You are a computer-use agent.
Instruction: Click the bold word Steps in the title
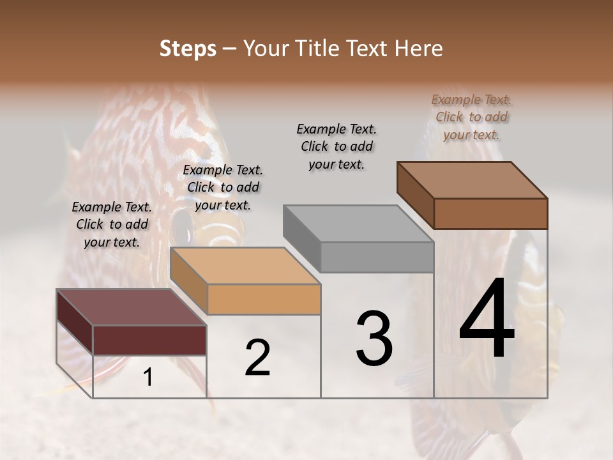pyautogui.click(x=188, y=49)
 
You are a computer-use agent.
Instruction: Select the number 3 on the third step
pyautogui.click(x=374, y=339)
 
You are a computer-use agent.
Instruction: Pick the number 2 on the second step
pyautogui.click(x=257, y=358)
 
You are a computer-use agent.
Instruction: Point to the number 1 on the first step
pyautogui.click(x=148, y=378)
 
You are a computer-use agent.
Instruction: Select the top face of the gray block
pyautogui.click(x=358, y=224)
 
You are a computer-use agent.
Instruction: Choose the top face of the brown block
pyautogui.click(x=472, y=180)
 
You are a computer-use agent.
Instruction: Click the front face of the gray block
pyautogui.click(x=377, y=257)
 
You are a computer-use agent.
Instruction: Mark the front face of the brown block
pyautogui.click(x=490, y=213)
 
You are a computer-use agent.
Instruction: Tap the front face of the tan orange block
pyautogui.click(x=264, y=299)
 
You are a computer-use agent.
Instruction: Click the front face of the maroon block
pyautogui.click(x=149, y=340)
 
